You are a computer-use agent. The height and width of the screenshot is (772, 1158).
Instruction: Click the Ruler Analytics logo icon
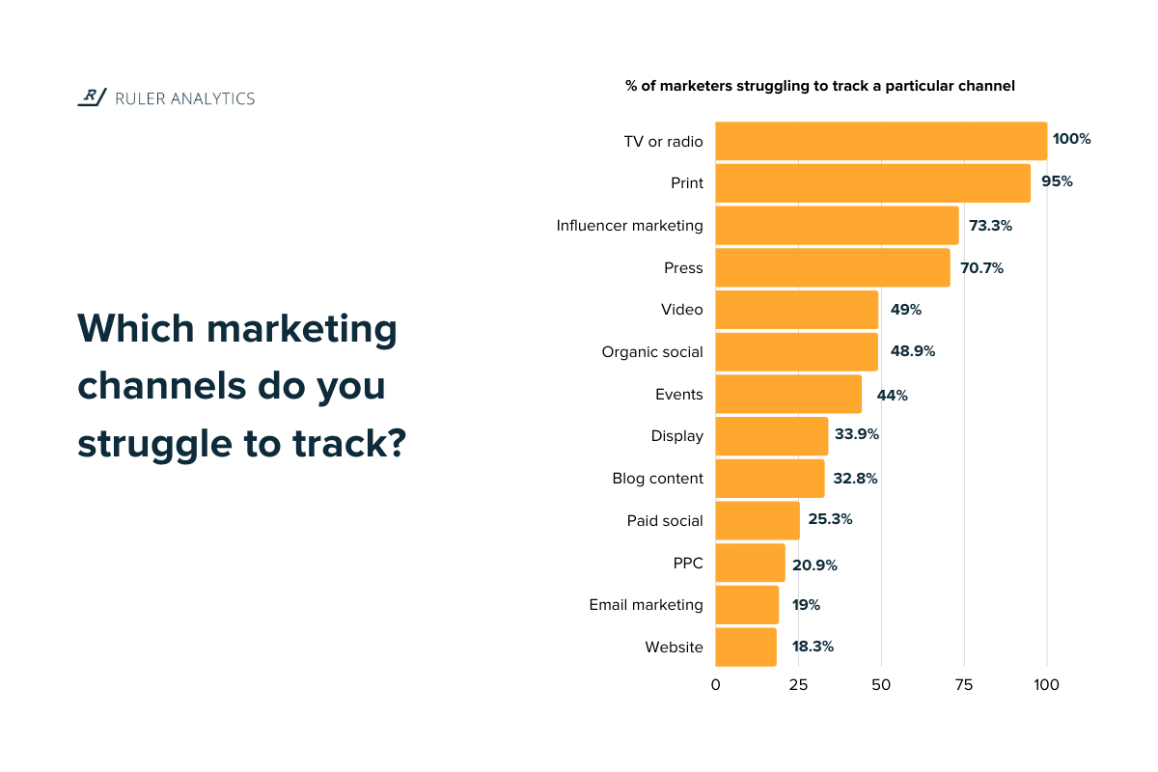point(92,96)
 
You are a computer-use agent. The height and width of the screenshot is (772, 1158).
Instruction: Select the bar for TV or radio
point(880,141)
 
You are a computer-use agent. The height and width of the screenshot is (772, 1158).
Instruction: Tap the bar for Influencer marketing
point(837,225)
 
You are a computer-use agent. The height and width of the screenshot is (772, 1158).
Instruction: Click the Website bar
point(745,647)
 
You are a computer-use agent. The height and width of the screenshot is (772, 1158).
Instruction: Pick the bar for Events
point(788,394)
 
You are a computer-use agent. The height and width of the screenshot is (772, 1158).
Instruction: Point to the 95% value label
point(1057,181)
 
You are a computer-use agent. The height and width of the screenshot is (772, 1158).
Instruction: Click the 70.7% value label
point(981,268)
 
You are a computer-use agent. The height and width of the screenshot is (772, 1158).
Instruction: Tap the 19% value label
point(807,605)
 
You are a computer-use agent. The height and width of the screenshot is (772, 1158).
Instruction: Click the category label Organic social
point(652,352)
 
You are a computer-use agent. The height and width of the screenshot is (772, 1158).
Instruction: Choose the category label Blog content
point(657,479)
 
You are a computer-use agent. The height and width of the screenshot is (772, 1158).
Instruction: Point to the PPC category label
point(687,564)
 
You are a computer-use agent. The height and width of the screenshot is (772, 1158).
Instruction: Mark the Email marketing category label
point(646,605)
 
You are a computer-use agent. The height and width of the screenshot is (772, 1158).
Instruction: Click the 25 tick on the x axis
point(798,685)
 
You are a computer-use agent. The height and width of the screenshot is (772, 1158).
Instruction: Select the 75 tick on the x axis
point(964,685)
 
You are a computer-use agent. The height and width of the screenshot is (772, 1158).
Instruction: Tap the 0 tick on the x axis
point(715,685)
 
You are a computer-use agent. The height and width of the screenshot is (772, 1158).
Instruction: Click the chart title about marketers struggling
point(819,86)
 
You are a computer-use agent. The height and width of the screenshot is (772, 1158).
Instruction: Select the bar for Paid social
point(757,520)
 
